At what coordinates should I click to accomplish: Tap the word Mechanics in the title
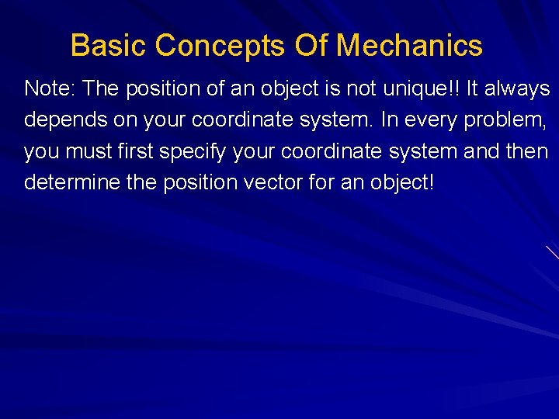(x=409, y=46)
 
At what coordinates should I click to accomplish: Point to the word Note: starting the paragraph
(x=50, y=89)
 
